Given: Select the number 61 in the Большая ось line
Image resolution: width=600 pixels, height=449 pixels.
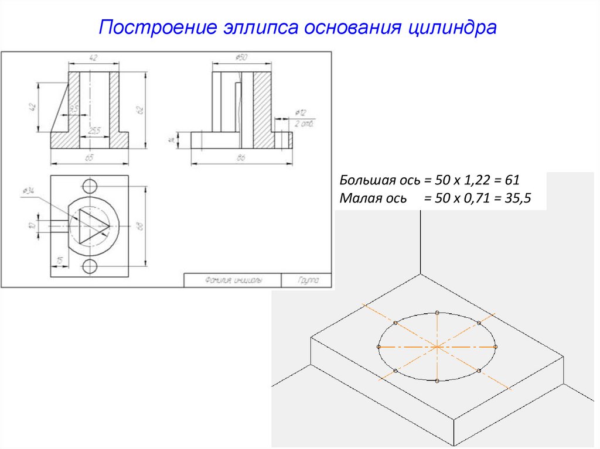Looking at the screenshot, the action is [x=513, y=180].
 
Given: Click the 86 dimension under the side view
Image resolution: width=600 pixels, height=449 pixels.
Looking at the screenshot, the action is [x=241, y=157].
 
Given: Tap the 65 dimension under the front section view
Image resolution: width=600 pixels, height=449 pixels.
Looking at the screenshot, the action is [x=90, y=157].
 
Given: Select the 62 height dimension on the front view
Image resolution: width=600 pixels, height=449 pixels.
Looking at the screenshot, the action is [x=139, y=109].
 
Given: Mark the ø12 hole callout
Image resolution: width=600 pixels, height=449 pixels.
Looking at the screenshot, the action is [x=301, y=112].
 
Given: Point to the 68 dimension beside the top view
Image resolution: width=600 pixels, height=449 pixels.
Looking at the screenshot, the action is [x=140, y=226].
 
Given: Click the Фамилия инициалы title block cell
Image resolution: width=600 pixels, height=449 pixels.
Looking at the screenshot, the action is [x=233, y=280].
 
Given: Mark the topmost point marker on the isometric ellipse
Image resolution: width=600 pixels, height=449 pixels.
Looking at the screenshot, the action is [x=437, y=313].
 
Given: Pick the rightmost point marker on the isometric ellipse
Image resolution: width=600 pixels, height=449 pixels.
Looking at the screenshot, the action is [x=496, y=347].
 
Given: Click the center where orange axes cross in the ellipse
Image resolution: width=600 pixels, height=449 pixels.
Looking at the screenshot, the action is [x=437, y=347].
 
